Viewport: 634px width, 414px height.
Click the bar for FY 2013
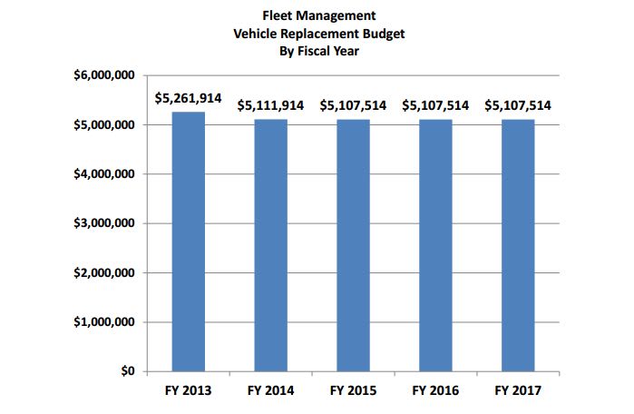tap(188, 241)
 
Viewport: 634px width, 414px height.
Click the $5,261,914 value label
tap(188, 97)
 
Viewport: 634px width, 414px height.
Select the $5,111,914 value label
tap(270, 105)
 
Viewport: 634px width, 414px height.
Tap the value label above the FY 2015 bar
tap(353, 105)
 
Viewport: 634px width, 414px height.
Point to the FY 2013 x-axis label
tap(188, 390)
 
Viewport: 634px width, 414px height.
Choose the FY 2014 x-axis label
tap(270, 390)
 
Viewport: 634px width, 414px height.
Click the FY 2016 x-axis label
tap(435, 390)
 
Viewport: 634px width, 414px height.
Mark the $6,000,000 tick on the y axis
tap(104, 74)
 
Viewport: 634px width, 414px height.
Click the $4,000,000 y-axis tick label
tap(104, 173)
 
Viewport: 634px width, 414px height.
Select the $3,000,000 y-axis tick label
tap(104, 223)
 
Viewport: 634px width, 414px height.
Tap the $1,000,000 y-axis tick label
tap(104, 322)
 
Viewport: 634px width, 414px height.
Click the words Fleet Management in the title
tap(317, 15)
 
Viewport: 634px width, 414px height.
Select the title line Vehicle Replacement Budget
tap(317, 33)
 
